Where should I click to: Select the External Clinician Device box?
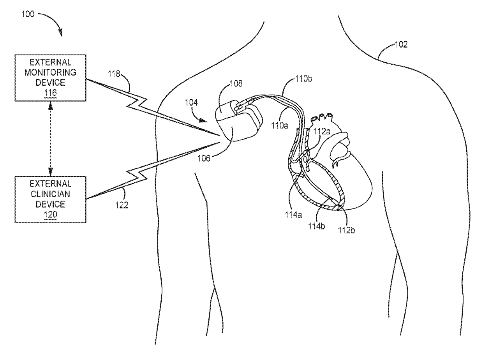pyautogui.click(x=50, y=199)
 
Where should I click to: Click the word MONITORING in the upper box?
pyautogui.click(x=50, y=72)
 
